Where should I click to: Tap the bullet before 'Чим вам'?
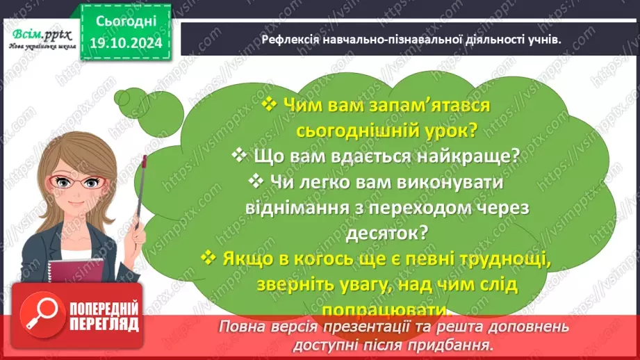pyautogui.click(x=270, y=105)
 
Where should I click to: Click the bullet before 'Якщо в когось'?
pyautogui.click(x=208, y=257)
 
